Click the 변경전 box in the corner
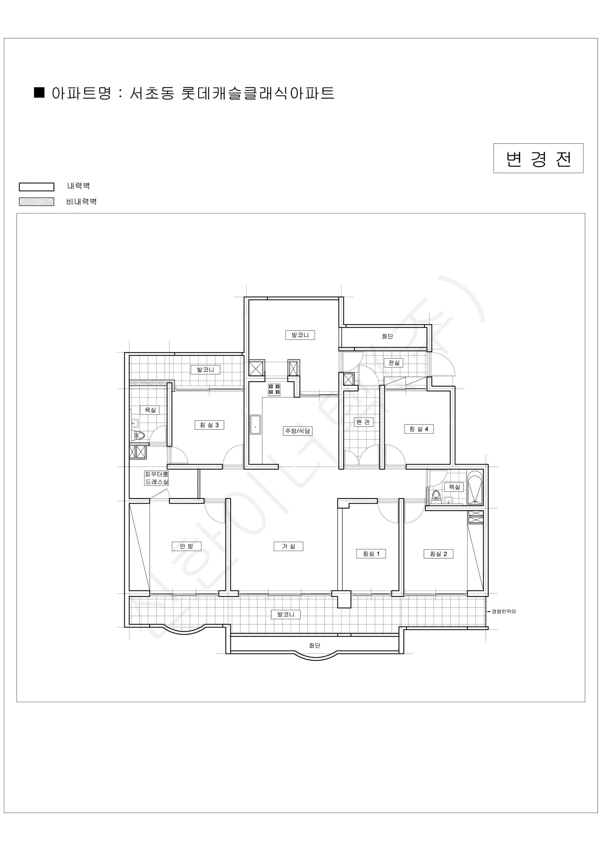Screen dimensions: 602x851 538,158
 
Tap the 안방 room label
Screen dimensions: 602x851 186,546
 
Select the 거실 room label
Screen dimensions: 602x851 288,546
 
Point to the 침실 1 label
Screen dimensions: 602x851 371,554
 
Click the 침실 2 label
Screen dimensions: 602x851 439,554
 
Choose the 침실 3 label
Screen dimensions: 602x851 209,425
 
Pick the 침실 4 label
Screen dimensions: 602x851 419,429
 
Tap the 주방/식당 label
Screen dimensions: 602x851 298,431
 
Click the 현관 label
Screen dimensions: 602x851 363,422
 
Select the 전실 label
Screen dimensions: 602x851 394,362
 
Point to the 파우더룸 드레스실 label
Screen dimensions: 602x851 156,478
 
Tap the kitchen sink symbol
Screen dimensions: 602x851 255,425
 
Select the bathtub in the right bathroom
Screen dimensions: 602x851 475,488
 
